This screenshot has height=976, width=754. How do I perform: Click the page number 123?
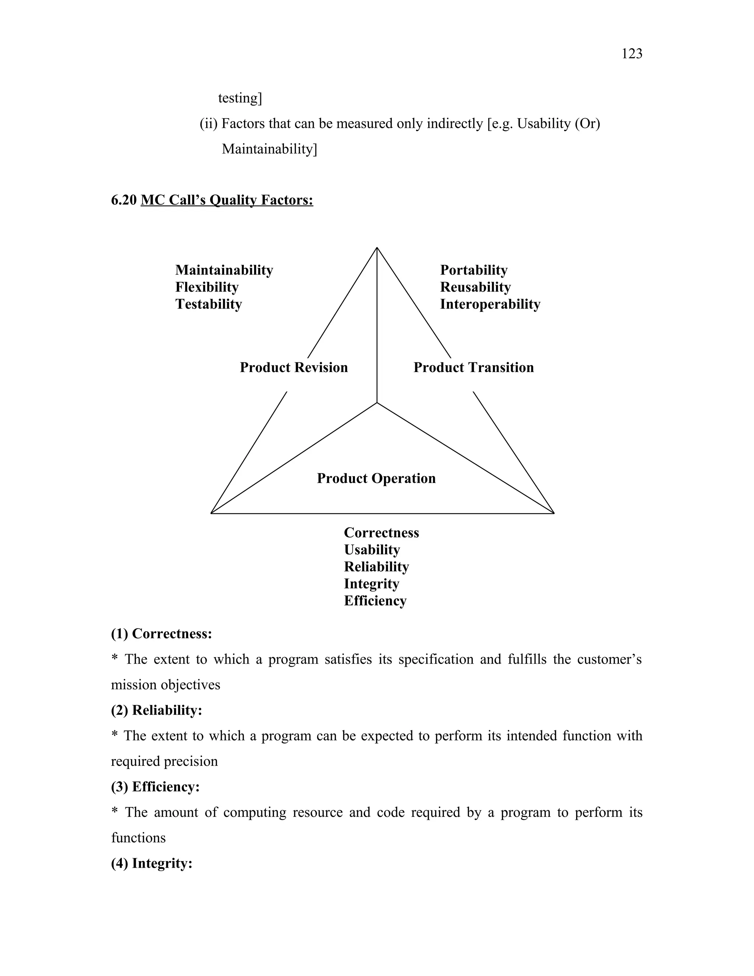pyautogui.click(x=632, y=54)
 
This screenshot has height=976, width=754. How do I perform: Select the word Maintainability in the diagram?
pyautogui.click(x=224, y=270)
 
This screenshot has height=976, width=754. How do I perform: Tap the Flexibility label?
pyautogui.click(x=207, y=287)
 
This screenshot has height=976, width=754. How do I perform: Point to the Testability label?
pyautogui.click(x=209, y=304)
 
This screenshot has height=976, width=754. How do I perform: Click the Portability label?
pyautogui.click(x=473, y=270)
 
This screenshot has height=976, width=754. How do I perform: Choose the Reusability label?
pyautogui.click(x=475, y=287)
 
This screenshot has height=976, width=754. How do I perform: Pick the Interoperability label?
pyautogui.click(x=490, y=304)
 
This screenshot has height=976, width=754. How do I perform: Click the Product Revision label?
pyautogui.click(x=293, y=367)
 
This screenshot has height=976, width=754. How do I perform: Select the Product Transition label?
pyautogui.click(x=473, y=367)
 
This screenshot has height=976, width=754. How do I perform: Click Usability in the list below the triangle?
pyautogui.click(x=371, y=550)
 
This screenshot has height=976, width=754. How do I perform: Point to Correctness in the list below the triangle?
pyautogui.click(x=381, y=533)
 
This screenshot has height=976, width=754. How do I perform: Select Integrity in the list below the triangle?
pyautogui.click(x=371, y=584)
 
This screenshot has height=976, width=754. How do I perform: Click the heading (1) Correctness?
pyautogui.click(x=161, y=634)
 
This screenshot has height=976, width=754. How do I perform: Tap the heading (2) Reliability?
pyautogui.click(x=156, y=710)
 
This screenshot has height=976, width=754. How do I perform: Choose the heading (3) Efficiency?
pyautogui.click(x=155, y=787)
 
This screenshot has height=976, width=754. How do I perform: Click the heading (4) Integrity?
pyautogui.click(x=151, y=863)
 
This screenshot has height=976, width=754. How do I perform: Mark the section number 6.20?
pyautogui.click(x=124, y=200)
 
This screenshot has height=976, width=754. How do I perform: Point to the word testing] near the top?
pyautogui.click(x=240, y=98)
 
